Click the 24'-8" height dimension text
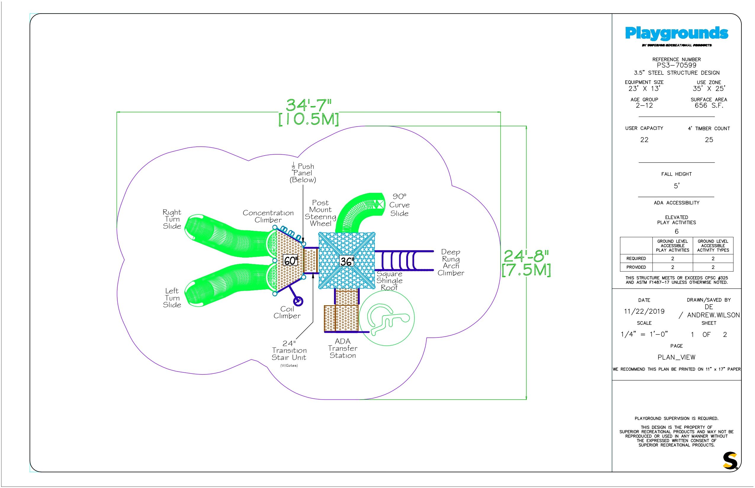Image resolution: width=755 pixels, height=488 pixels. (526, 256)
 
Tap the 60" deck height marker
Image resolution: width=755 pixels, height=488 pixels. (290, 261)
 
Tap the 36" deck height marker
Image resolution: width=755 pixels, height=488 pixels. (346, 261)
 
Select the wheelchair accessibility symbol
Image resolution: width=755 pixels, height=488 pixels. (387, 318)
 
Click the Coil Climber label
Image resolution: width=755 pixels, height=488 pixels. (287, 312)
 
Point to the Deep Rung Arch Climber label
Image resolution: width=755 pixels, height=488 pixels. (450, 262)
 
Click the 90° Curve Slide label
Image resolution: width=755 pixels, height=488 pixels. (399, 205)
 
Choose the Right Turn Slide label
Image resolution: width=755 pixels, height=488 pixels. (172, 219)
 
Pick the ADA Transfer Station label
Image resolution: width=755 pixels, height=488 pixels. (343, 348)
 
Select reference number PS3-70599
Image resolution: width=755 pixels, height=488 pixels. (676, 65)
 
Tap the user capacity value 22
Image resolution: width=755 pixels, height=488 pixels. (644, 140)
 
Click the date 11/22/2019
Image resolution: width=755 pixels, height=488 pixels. (644, 311)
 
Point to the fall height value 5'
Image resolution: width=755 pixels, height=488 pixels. (676, 186)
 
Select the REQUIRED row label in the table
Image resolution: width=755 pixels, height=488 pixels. (636, 258)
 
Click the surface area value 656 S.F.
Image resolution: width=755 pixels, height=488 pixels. (709, 106)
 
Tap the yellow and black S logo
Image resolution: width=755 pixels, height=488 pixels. (730, 461)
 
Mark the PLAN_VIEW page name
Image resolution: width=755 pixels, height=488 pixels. (676, 358)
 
